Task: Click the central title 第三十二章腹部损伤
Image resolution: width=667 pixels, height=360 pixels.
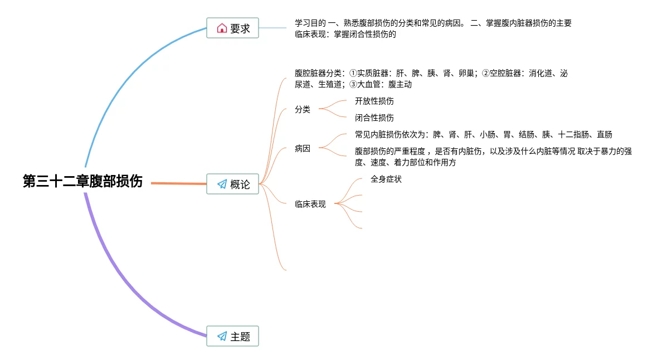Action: coord(82,182)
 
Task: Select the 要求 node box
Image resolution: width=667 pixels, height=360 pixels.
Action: coord(232,28)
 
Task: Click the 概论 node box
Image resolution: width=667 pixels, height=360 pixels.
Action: coord(232,184)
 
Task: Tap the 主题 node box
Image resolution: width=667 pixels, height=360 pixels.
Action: coord(232,336)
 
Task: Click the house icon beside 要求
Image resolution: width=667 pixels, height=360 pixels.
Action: coord(222,28)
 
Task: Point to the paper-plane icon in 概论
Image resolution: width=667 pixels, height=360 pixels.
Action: coord(222,184)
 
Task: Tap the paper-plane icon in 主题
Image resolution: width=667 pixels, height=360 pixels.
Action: coord(222,336)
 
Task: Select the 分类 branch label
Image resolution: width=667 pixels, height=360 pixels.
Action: coord(303,110)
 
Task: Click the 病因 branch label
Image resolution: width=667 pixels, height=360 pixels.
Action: coord(303,149)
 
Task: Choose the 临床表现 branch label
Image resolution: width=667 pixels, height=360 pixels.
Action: coord(310,205)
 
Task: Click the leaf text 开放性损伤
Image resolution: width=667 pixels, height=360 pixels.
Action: coord(374,101)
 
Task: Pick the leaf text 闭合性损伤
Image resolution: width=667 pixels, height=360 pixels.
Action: coord(374,118)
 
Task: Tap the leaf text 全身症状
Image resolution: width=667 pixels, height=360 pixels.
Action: coord(386,179)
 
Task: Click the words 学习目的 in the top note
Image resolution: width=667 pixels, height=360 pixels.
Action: coord(310,23)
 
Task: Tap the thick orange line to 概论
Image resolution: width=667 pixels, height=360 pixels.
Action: coord(178,183)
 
